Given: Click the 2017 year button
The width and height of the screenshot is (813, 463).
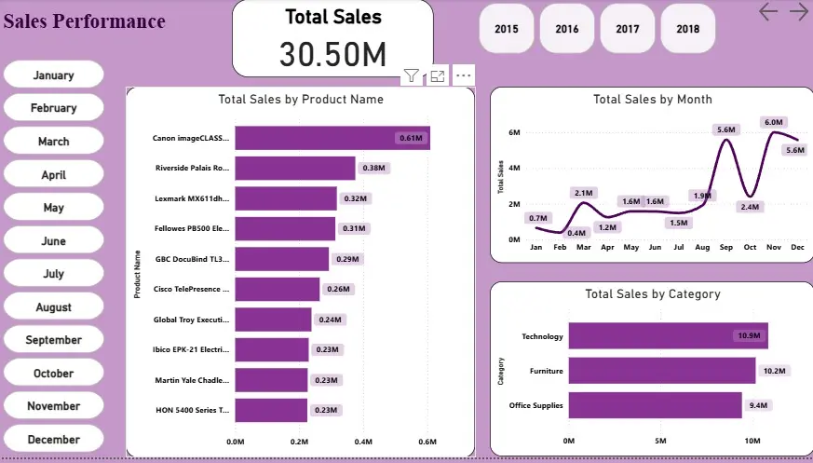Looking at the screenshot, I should coord(628,29).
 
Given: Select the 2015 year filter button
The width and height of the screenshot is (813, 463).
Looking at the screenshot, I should coord(507,29).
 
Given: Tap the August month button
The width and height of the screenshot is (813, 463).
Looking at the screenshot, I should coord(53,307).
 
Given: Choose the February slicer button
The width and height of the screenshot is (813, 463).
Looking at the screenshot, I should coord(53,108).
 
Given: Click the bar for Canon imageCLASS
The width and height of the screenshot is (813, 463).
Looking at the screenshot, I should coord(332,138).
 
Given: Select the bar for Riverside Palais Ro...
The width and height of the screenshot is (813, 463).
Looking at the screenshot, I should coord(294,169).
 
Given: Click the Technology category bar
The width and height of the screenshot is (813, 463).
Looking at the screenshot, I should coord(668,335).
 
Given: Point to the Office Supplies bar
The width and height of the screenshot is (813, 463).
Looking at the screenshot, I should coord(655,405).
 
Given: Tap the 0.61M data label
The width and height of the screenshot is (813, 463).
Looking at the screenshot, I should coord(412,139).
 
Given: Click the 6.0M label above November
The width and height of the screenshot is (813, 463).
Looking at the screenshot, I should coord(774,122).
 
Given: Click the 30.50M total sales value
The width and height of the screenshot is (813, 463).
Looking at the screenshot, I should coord(332,55).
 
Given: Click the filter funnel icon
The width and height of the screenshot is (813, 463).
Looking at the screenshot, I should coord(412,75).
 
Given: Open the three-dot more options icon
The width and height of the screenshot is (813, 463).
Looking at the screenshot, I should coord(464,75).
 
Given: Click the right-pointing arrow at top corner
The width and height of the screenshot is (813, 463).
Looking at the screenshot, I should coord(798,11).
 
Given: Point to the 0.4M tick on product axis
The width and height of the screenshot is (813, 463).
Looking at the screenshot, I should coord(363,443).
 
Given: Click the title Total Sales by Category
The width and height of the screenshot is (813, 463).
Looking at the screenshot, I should coord(652,293).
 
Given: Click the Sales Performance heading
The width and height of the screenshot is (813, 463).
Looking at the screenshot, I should coord(85,21).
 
